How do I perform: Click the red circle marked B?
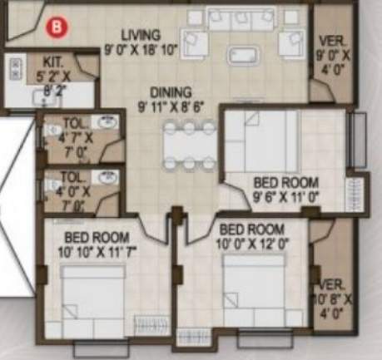[56, 25]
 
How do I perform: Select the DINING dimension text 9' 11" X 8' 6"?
[177, 106]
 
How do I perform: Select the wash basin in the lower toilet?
[107, 178]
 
